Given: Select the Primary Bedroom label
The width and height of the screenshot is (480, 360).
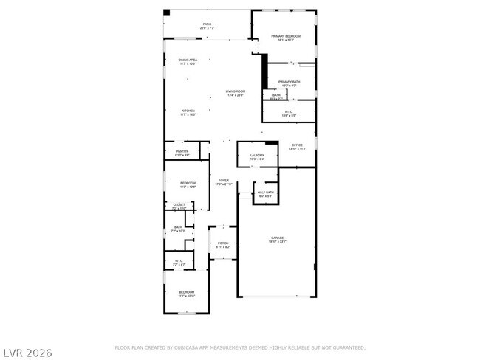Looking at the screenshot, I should (x=286, y=38).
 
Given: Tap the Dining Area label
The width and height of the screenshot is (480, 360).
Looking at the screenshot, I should (x=188, y=61).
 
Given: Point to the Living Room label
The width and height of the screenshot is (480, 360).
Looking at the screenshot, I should (x=236, y=93).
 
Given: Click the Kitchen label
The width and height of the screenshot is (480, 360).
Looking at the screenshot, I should (x=188, y=112).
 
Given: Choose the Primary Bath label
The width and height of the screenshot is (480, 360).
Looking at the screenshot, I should (x=289, y=83).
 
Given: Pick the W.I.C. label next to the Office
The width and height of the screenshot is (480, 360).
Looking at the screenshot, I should (x=289, y=113).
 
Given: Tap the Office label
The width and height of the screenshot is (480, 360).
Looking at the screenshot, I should (x=297, y=146).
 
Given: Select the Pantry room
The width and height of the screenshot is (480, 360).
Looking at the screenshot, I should (x=182, y=153).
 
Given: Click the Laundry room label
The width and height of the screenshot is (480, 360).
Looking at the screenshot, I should (x=257, y=156).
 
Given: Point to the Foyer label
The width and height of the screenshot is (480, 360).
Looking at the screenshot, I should (x=223, y=181).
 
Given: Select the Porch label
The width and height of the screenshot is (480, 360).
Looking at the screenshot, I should (x=223, y=244).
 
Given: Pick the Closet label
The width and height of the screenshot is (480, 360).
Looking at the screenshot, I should (x=179, y=206).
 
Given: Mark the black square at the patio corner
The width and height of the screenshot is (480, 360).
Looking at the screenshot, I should (x=167, y=13).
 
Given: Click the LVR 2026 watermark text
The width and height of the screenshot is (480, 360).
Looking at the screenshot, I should (x=27, y=353).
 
